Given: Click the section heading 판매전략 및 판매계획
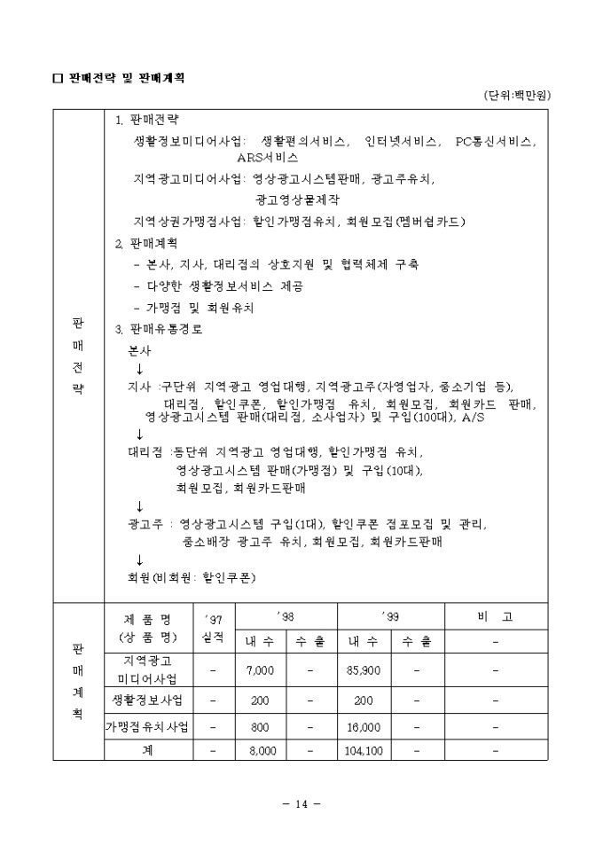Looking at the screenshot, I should tap(124, 79).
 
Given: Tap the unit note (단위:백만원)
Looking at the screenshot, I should tap(523, 95).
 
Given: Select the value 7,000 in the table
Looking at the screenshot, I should tap(260, 670).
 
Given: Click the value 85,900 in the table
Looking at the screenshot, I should tap(364, 670).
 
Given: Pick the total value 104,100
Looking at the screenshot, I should tap(363, 750).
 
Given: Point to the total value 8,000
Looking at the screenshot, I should tap(260, 750).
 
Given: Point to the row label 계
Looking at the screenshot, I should tap(148, 750).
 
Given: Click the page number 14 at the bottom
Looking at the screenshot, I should tap(300, 804).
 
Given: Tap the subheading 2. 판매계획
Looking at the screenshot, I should tap(146, 242).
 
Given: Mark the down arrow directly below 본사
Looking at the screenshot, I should tap(139, 368).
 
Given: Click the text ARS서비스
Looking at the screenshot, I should tap(267, 157).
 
